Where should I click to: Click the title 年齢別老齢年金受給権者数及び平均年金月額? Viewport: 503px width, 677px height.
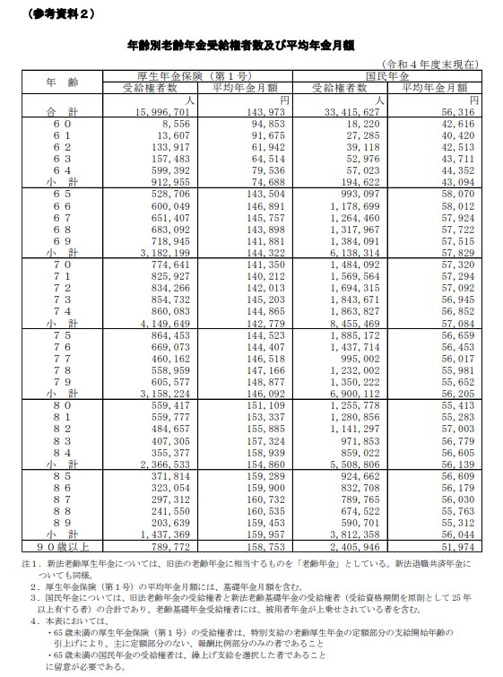252,42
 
